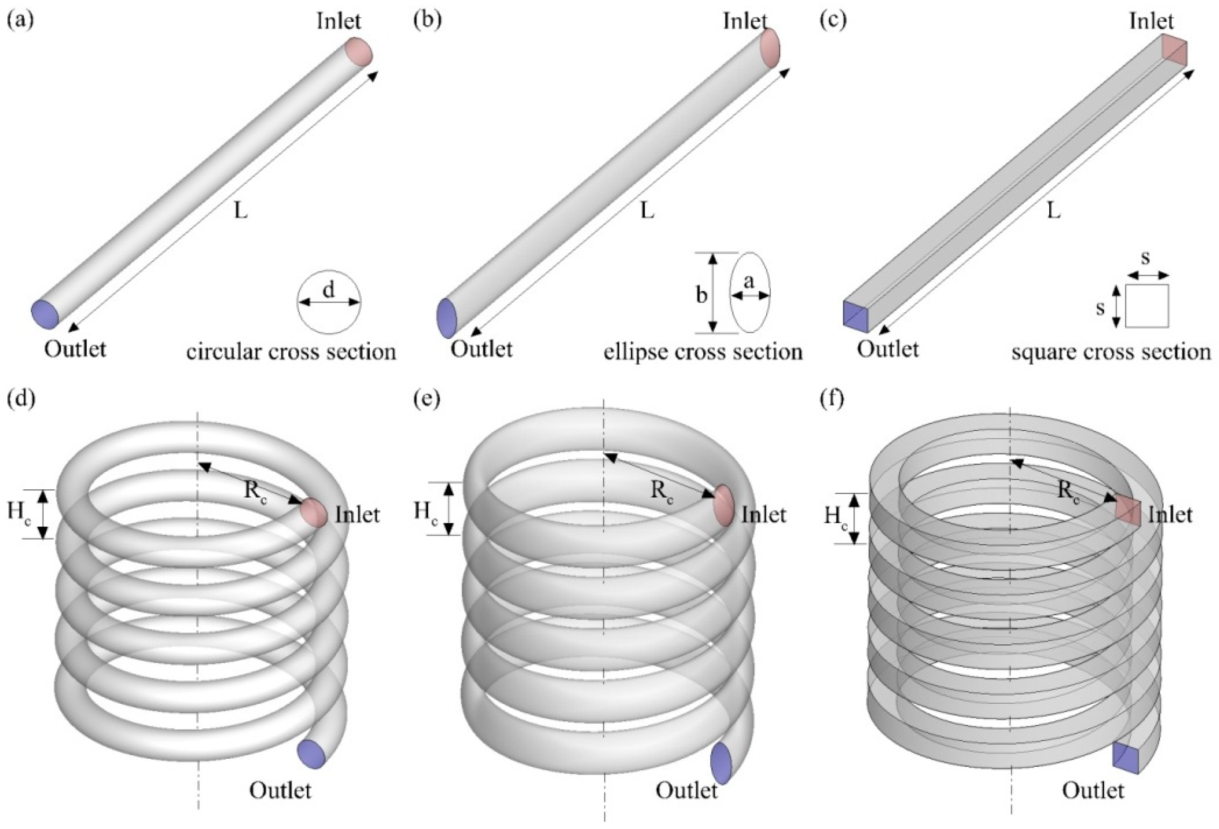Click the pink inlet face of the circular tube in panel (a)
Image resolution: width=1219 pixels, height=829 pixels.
pyautogui.click(x=359, y=52)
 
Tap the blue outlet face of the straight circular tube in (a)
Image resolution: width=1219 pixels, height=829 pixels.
pyautogui.click(x=45, y=314)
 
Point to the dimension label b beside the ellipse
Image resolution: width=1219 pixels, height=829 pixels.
pyautogui.click(x=701, y=295)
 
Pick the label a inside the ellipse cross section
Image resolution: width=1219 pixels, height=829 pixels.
pyautogui.click(x=749, y=282)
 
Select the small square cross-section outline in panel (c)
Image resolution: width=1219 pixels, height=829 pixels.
pyautogui.click(x=1147, y=306)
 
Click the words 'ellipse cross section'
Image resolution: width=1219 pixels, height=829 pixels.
pyautogui.click(x=703, y=352)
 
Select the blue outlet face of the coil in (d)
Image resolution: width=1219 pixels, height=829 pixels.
pyautogui.click(x=311, y=754)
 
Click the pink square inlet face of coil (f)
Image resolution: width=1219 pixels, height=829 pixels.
pyautogui.click(x=1127, y=509)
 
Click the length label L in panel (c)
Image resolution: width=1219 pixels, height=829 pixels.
pyautogui.click(x=1053, y=211)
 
